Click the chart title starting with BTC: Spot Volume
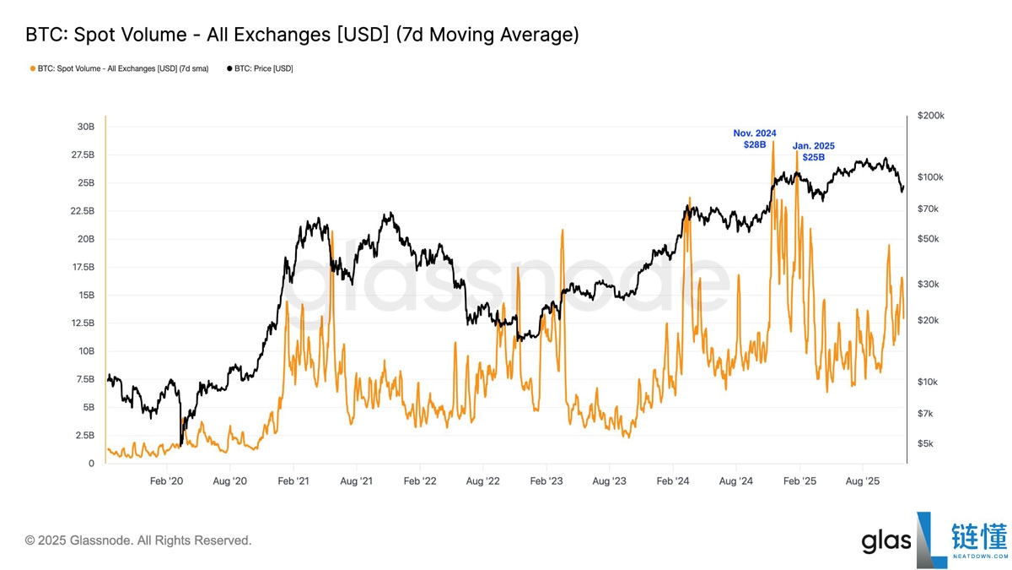point(302,35)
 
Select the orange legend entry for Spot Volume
point(119,68)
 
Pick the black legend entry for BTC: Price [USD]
point(260,68)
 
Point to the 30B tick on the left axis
point(85,127)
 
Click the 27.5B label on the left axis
point(82,155)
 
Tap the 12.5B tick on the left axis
point(82,323)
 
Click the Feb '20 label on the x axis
point(166,480)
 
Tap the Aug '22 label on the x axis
point(482,480)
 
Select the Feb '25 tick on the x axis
point(799,480)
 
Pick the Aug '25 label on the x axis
point(863,480)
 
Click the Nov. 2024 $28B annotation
point(754,139)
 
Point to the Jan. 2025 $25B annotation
point(814,151)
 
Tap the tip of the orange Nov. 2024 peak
point(772,141)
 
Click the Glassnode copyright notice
point(138,540)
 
